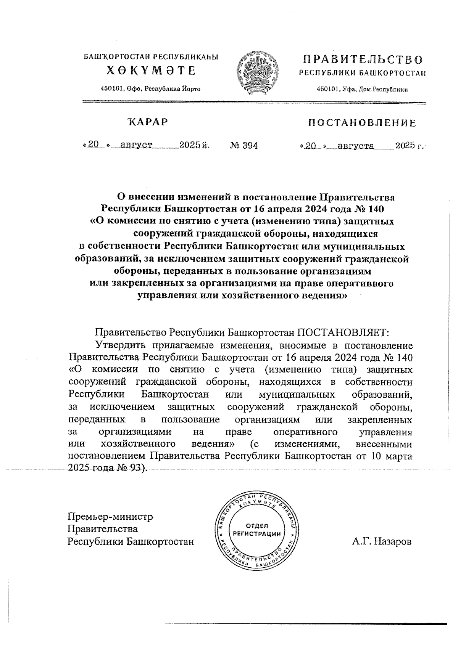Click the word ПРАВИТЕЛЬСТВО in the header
coord(363,60)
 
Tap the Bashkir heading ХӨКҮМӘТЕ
coord(151,71)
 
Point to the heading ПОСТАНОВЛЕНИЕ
coord(362,123)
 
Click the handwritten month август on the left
coord(136,145)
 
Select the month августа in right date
coord(353,146)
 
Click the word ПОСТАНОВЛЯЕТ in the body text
coord(342,332)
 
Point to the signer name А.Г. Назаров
coord(382,542)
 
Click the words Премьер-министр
coord(110,517)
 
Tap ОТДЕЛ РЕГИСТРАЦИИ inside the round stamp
coord(256,530)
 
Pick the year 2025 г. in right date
coord(410,146)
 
